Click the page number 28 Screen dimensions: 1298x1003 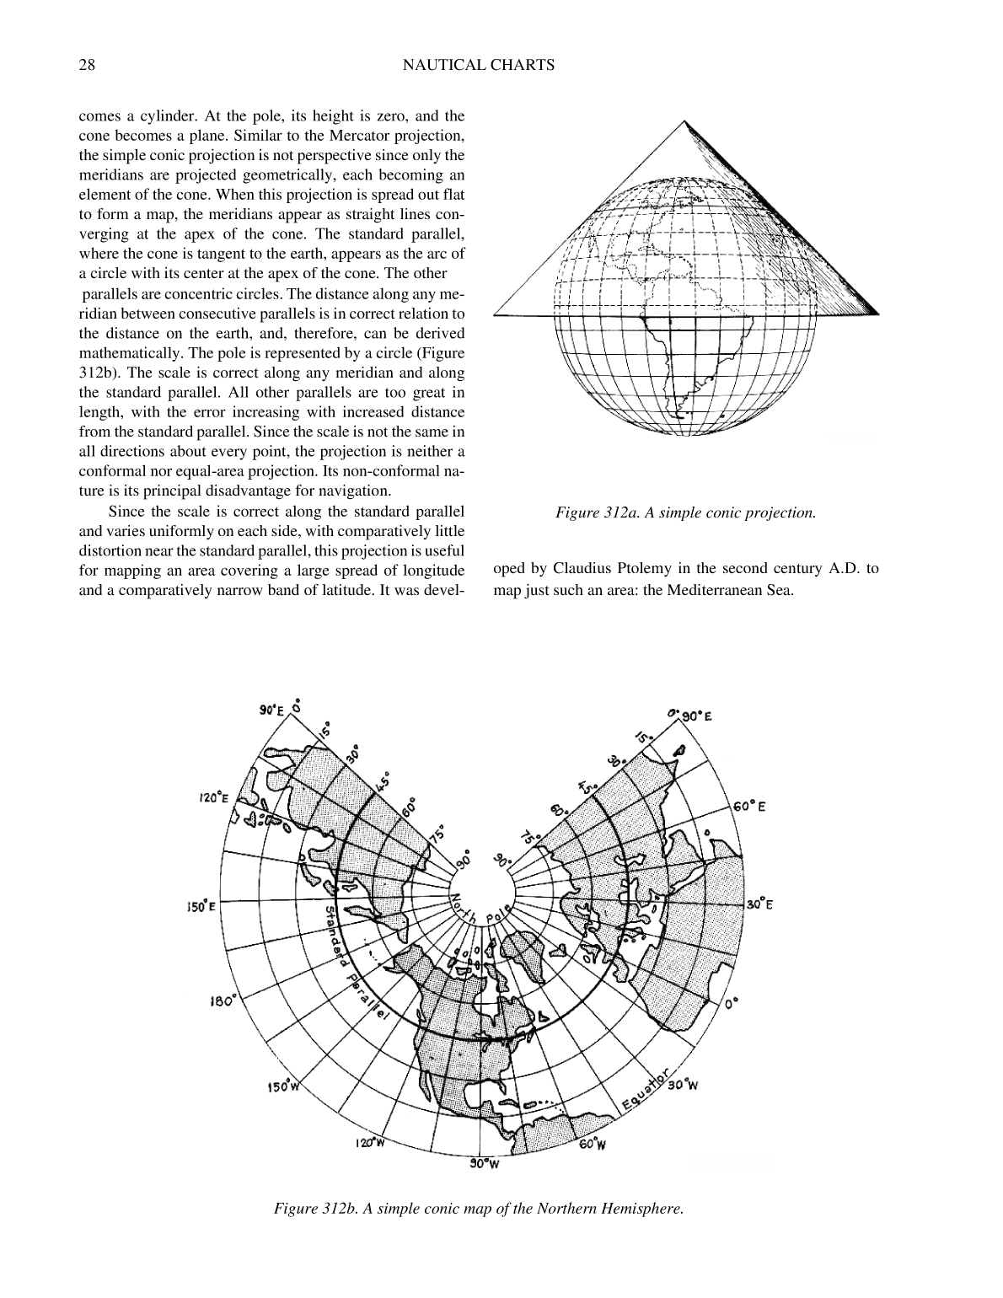(x=86, y=65)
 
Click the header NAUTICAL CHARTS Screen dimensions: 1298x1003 (x=479, y=65)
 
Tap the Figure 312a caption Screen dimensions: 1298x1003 (x=684, y=512)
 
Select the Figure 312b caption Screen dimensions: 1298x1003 (x=478, y=1209)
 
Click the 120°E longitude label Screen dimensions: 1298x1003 (x=215, y=797)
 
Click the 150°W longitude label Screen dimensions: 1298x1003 (x=282, y=1086)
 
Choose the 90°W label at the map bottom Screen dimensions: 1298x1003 (x=485, y=1164)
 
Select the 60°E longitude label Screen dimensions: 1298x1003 (x=748, y=807)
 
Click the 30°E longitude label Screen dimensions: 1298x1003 (x=759, y=904)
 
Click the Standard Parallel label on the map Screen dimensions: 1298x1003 (x=354, y=964)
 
